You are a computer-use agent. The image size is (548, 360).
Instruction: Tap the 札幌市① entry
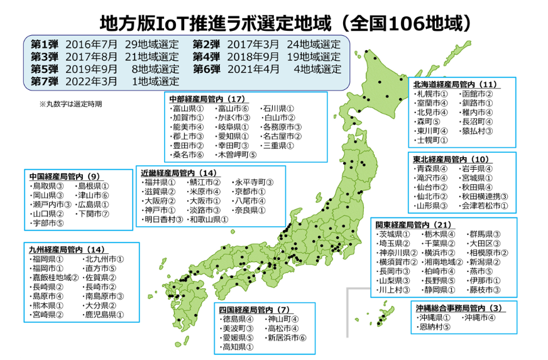(431, 94)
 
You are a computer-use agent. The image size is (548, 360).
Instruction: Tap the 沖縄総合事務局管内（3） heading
(458, 308)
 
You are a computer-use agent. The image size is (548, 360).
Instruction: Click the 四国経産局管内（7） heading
(254, 310)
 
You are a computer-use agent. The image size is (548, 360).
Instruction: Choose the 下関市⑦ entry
(93, 214)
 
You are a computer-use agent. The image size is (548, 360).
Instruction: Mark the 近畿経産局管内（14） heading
(179, 172)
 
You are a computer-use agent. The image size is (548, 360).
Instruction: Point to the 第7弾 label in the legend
(44, 81)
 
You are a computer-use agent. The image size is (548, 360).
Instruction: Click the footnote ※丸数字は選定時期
(70, 104)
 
